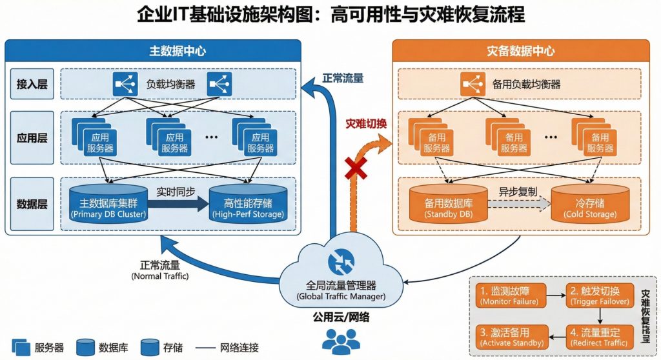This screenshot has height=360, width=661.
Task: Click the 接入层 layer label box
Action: pyautogui.click(x=32, y=84)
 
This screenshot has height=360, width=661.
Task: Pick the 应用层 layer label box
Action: pyautogui.click(x=32, y=139)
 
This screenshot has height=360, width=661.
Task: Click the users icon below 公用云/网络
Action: pyautogui.click(x=341, y=341)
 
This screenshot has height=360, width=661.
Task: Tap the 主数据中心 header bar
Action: pyautogui.click(x=153, y=51)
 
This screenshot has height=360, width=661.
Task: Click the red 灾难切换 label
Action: pyautogui.click(x=366, y=123)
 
